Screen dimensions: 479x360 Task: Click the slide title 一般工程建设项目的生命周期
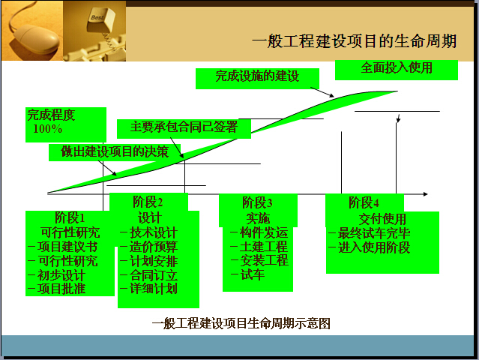tap(354, 41)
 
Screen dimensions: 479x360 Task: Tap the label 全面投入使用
tap(397, 67)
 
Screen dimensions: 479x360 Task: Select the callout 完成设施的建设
tap(257, 76)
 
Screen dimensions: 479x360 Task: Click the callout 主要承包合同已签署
tap(184, 127)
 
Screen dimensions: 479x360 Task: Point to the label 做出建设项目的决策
tap(115, 151)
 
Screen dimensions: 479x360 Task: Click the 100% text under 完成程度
tap(48, 129)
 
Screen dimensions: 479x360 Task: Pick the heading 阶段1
tap(70, 217)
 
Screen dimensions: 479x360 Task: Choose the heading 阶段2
tap(148, 202)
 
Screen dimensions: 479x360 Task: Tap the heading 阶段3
tap(257, 202)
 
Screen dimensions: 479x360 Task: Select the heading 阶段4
tap(364, 202)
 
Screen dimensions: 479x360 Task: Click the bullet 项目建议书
tap(67, 247)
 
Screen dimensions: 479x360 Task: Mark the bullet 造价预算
tap(154, 247)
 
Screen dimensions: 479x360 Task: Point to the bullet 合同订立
tap(154, 275)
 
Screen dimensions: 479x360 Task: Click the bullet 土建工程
tap(264, 246)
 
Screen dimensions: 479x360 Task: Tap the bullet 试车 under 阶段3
tap(253, 274)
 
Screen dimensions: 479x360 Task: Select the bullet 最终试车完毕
tap(374, 233)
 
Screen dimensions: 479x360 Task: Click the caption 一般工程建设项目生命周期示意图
tap(241, 323)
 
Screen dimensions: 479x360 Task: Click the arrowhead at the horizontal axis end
tap(426, 194)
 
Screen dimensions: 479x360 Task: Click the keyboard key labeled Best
tap(100, 20)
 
